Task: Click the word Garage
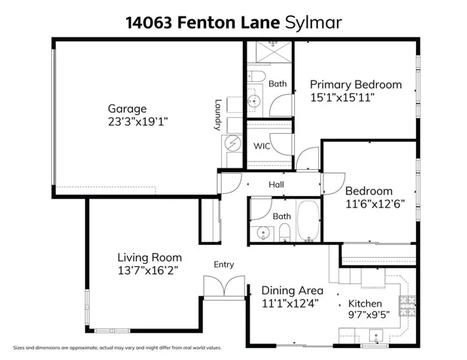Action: point(126,108)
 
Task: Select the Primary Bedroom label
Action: point(355,84)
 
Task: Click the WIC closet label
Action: point(261,146)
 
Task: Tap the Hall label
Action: point(277,183)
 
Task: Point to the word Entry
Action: point(223,265)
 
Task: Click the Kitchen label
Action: point(365,304)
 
